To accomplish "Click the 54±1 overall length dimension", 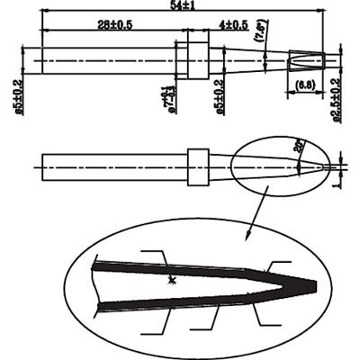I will (x=184, y=7).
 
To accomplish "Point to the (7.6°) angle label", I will (x=259, y=36).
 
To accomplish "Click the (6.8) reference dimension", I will (x=303, y=85).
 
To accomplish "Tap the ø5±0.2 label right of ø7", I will (x=219, y=94).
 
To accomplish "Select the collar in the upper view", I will (x=193, y=60).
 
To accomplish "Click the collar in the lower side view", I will (x=198, y=166).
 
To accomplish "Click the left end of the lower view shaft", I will (x=42, y=166).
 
